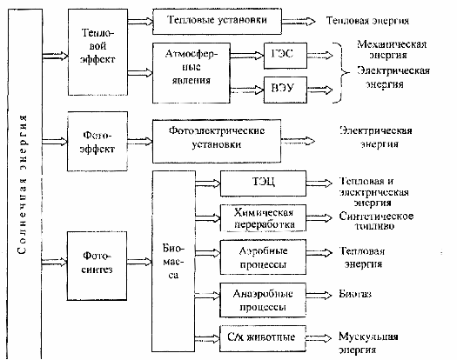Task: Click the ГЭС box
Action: click(x=286, y=56)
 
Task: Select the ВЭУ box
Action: click(x=286, y=90)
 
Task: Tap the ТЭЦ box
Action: click(x=263, y=183)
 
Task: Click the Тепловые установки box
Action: click(x=217, y=21)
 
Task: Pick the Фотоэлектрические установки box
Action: click(x=217, y=141)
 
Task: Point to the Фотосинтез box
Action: click(x=97, y=265)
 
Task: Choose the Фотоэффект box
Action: click(x=97, y=141)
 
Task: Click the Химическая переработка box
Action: click(x=263, y=218)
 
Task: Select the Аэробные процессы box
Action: click(x=263, y=257)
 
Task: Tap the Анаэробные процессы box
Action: click(x=263, y=300)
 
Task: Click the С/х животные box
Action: click(x=263, y=338)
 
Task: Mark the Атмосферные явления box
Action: click(x=192, y=73)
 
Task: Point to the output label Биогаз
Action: click(x=355, y=294)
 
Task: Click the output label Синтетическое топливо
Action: click(x=376, y=221)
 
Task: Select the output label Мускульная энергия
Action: click(x=368, y=343)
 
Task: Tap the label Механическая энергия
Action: click(x=392, y=50)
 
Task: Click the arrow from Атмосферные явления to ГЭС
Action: click(x=247, y=55)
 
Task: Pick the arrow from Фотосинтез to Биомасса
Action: click(x=139, y=262)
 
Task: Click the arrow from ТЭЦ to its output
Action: click(x=319, y=183)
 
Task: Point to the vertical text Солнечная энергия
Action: click(x=22, y=184)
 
